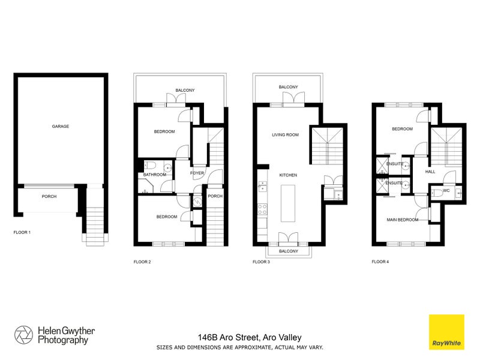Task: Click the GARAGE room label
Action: (x=60, y=127)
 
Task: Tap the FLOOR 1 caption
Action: (x=22, y=232)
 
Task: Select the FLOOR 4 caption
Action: (x=380, y=262)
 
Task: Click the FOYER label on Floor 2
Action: (x=197, y=173)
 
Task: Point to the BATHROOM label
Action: (x=154, y=175)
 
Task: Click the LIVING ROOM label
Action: (x=285, y=135)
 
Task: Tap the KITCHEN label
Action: (x=289, y=175)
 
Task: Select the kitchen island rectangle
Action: (x=290, y=204)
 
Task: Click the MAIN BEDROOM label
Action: (x=402, y=220)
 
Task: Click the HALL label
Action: (x=430, y=172)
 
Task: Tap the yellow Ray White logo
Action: (x=446, y=332)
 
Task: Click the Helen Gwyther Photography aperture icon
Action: (x=23, y=335)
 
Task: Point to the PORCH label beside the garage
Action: (x=49, y=196)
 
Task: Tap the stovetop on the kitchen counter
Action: (x=262, y=209)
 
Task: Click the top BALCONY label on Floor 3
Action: (x=288, y=88)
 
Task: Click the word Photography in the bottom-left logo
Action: (x=63, y=340)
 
